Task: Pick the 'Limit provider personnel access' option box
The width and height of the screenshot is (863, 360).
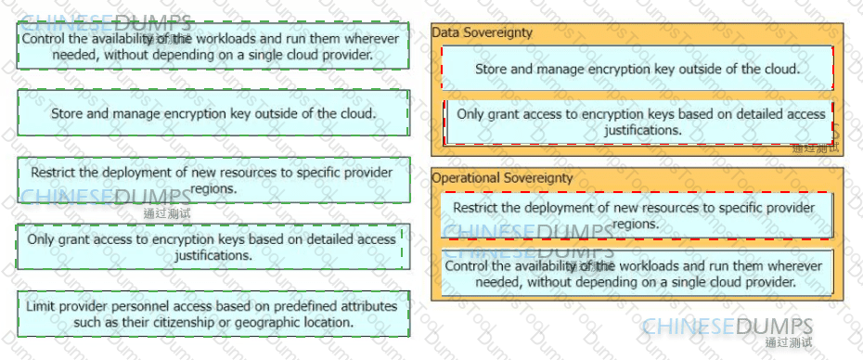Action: pyautogui.click(x=213, y=314)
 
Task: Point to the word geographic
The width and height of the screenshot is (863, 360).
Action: pyautogui.click(x=264, y=322)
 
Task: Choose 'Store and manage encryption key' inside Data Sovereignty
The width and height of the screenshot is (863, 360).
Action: pyautogui.click(x=638, y=69)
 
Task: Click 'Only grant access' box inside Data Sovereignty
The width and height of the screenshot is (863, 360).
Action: pyautogui.click(x=639, y=122)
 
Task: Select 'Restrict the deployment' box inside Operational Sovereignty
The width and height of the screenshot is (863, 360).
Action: pyautogui.click(x=638, y=216)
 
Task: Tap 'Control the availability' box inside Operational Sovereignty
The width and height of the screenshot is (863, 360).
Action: pyautogui.click(x=638, y=274)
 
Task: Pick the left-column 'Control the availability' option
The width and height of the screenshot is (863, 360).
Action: pyautogui.click(x=213, y=45)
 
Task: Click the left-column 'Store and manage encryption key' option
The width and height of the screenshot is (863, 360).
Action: pyautogui.click(x=213, y=113)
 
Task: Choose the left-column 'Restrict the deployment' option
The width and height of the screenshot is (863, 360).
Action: pyautogui.click(x=213, y=180)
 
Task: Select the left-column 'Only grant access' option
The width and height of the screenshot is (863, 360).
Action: pyautogui.click(x=210, y=247)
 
